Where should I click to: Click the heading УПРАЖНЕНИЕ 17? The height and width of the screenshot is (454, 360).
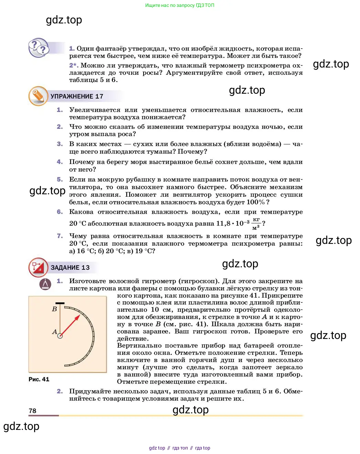pyautogui.click(x=77, y=96)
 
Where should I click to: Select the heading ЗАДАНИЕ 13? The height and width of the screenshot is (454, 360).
pyautogui.click(x=70, y=268)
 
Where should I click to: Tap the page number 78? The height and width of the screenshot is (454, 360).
pyautogui.click(x=32, y=411)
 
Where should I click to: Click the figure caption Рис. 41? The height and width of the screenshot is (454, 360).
pyautogui.click(x=39, y=379)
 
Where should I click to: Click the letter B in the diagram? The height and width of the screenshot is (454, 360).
pyautogui.click(x=54, y=309)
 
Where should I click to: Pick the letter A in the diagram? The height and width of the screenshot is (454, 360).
pyautogui.click(x=54, y=332)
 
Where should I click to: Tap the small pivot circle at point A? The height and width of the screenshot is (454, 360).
pyautogui.click(x=60, y=336)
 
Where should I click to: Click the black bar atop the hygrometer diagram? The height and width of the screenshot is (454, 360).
pyautogui.click(x=60, y=303)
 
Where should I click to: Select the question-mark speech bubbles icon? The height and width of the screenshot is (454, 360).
pyautogui.click(x=39, y=48)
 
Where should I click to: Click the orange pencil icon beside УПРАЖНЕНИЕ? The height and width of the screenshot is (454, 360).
pyautogui.click(x=38, y=96)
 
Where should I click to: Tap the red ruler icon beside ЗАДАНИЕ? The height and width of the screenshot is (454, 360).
pyautogui.click(x=38, y=267)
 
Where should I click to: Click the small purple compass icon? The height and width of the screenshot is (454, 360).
pyautogui.click(x=45, y=284)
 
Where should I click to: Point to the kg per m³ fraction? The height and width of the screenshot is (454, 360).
pyautogui.click(x=256, y=224)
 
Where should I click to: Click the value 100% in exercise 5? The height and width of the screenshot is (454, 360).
pyautogui.click(x=256, y=202)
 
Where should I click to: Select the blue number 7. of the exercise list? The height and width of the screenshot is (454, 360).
pyautogui.click(x=60, y=236)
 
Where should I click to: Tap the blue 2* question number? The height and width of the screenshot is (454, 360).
pyautogui.click(x=74, y=65)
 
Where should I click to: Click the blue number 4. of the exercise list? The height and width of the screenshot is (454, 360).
pyautogui.click(x=60, y=162)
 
